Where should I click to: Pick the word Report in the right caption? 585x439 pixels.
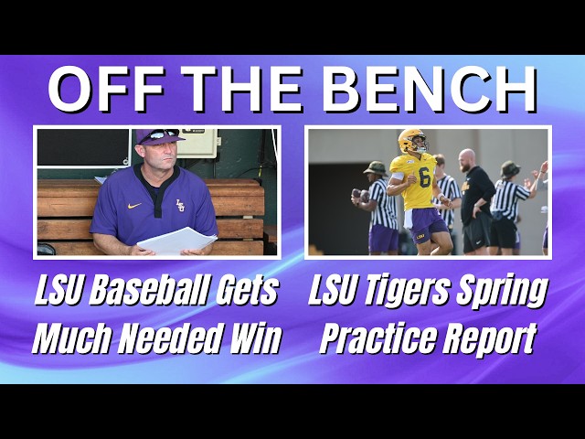point(490,338)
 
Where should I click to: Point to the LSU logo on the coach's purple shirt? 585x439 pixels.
point(180,206)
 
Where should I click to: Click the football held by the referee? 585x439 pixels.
point(356,194)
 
